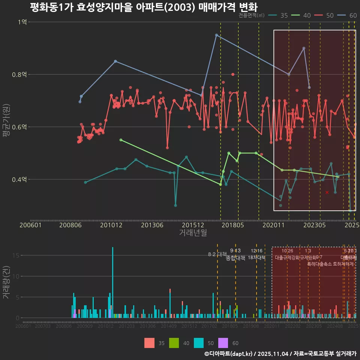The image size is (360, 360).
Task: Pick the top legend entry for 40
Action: (x=301, y=15)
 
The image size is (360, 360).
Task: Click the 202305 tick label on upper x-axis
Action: (x=314, y=225)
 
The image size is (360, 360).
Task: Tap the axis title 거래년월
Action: (x=193, y=232)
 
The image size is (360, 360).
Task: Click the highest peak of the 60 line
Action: (x=216, y=35)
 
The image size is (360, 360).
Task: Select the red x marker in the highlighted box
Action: (x=327, y=192)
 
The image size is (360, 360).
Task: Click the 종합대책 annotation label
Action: (x=235, y=258)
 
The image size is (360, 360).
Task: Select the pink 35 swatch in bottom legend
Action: (x=149, y=343)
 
